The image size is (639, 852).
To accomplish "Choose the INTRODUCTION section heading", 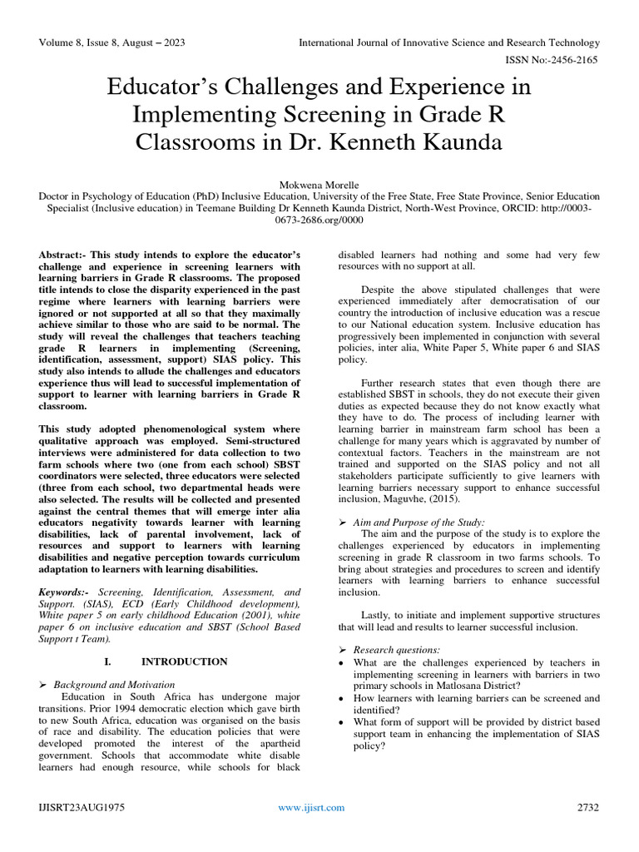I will point(184,661).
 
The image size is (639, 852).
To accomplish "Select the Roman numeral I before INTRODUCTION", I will point(107,661).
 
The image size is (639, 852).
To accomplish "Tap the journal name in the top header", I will point(448,42).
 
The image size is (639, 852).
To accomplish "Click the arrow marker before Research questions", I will point(342,649).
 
